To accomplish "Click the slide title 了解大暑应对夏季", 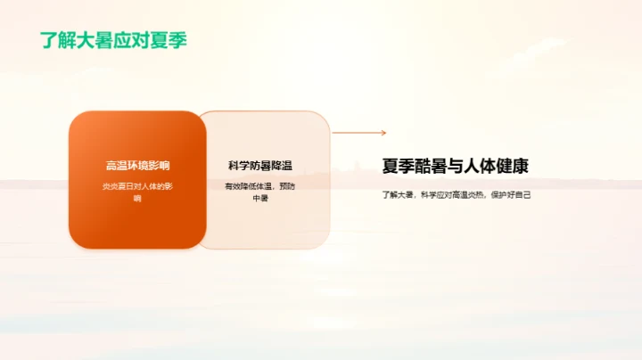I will pos(113,40).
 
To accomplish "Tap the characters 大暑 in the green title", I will pos(103,40).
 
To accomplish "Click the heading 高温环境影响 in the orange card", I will pos(137,166).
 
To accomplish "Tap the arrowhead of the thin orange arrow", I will pos(383,133).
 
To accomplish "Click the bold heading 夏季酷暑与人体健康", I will pos(456,167).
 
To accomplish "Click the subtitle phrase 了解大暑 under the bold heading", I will pos(399,193).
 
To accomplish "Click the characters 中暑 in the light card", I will pos(260,198).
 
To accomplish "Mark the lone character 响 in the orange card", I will pos(137,198).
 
